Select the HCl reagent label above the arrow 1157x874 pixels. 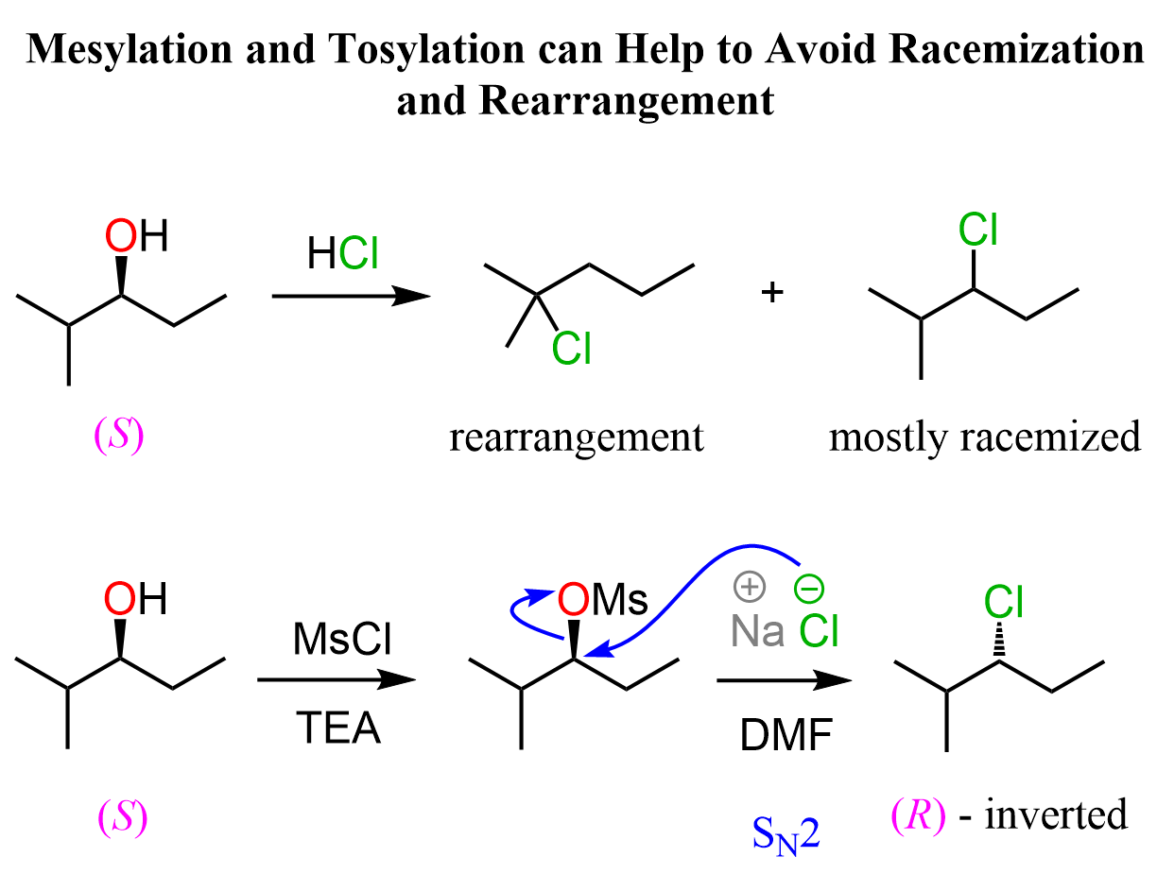(x=341, y=253)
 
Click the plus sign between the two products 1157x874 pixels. (x=773, y=292)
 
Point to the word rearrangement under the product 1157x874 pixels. (x=577, y=437)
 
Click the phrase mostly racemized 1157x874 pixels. (x=984, y=437)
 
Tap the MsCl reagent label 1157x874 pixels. (x=336, y=643)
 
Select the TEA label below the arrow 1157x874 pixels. (x=337, y=728)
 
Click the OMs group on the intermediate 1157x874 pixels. (x=602, y=600)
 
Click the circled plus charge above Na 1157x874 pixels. (x=748, y=588)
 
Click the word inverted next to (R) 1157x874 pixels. (x=1057, y=814)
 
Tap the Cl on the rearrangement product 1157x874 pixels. (x=571, y=350)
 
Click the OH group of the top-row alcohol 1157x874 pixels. (x=137, y=236)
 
